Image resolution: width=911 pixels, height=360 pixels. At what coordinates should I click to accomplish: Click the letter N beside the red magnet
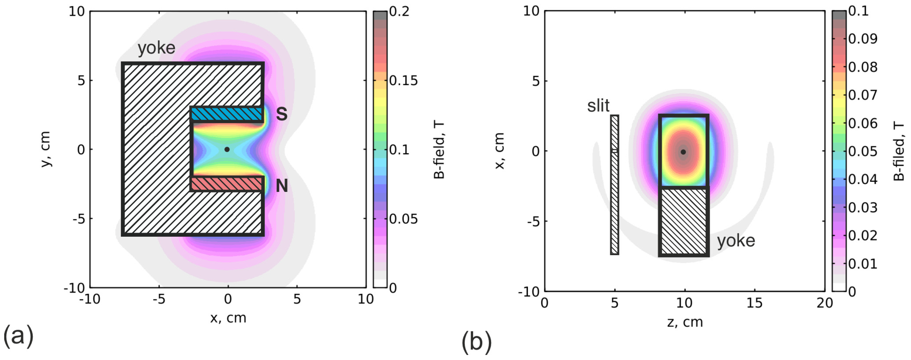coord(282,186)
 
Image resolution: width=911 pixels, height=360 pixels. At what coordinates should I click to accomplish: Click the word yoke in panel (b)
coord(736,241)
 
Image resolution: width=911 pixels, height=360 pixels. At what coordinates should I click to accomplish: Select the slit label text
coord(598,106)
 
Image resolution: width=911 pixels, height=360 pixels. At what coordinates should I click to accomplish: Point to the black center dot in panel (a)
coord(227,150)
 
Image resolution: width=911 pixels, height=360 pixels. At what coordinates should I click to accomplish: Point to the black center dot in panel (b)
coord(683,152)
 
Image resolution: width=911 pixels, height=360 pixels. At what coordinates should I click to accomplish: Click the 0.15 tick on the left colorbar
coord(403,81)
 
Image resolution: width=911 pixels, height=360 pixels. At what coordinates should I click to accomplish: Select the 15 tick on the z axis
coord(754,303)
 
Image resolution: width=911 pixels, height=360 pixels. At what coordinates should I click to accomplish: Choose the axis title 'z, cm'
coord(685,322)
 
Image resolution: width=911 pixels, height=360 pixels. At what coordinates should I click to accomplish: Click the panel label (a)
coord(18,336)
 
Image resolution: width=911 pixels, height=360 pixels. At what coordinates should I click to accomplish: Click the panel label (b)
coord(476,342)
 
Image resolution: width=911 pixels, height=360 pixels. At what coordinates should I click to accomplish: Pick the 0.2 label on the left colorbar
coord(399,12)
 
